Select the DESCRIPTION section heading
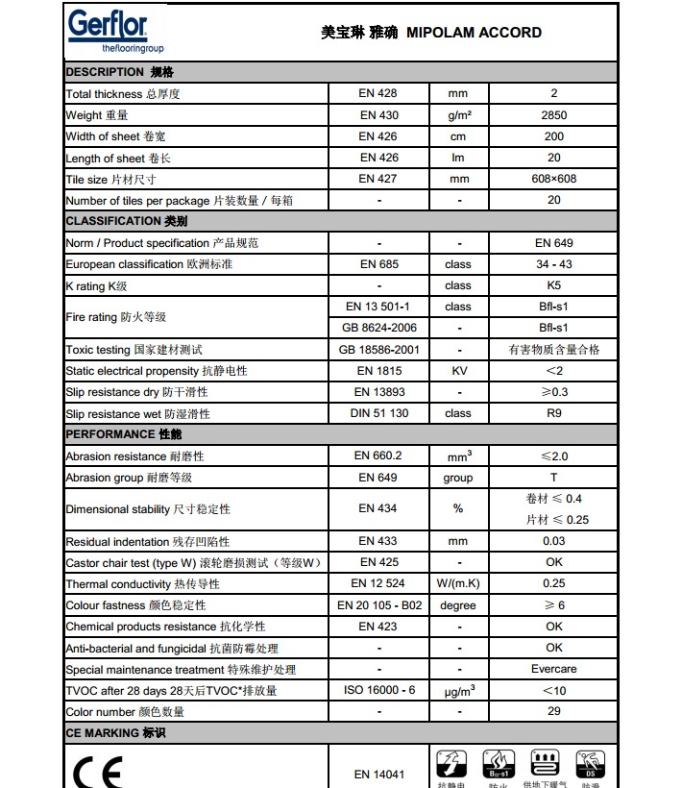click(119, 72)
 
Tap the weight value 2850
click(554, 115)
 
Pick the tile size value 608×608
click(554, 180)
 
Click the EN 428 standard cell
click(378, 94)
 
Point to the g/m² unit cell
click(458, 115)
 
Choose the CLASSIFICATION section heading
click(126, 221)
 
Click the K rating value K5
click(554, 285)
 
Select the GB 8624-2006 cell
click(378, 328)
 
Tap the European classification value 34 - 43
click(554, 264)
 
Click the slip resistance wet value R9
click(554, 413)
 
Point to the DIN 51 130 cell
click(378, 413)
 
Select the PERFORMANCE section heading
click(122, 434)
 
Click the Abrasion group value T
click(554, 478)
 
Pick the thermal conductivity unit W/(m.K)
click(458, 583)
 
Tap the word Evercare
click(554, 669)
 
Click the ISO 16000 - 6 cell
click(378, 690)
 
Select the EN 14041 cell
click(378, 774)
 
